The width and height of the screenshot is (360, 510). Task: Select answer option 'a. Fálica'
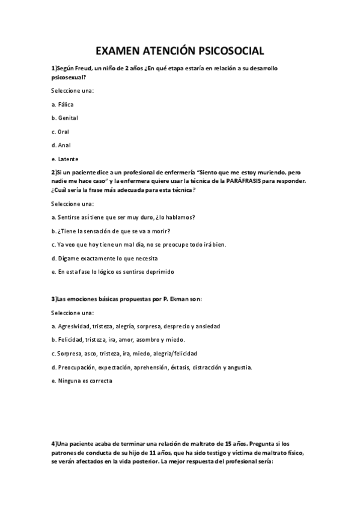coord(63,104)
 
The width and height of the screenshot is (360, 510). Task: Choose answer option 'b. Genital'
coord(65,117)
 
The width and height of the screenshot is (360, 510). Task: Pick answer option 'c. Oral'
coord(60,131)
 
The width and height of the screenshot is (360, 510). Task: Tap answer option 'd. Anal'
coord(61,145)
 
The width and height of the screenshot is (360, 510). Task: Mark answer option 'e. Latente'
coord(65,159)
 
